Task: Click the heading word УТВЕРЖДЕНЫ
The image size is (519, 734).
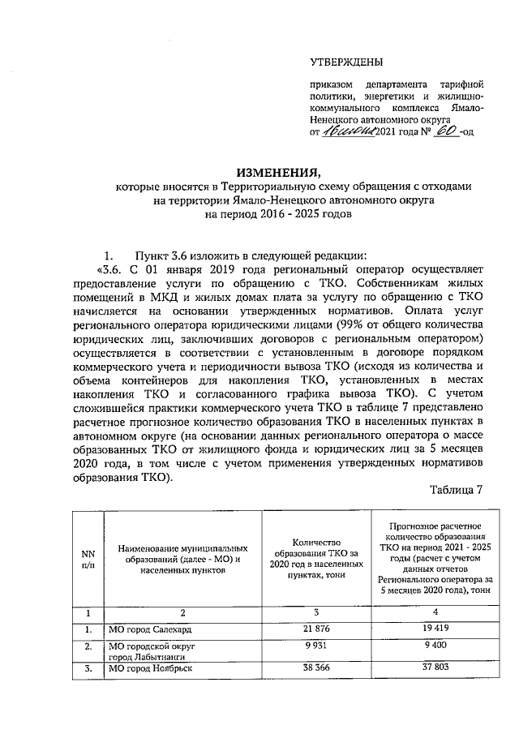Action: [347, 62]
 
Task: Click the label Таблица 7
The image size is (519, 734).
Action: [457, 491]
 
